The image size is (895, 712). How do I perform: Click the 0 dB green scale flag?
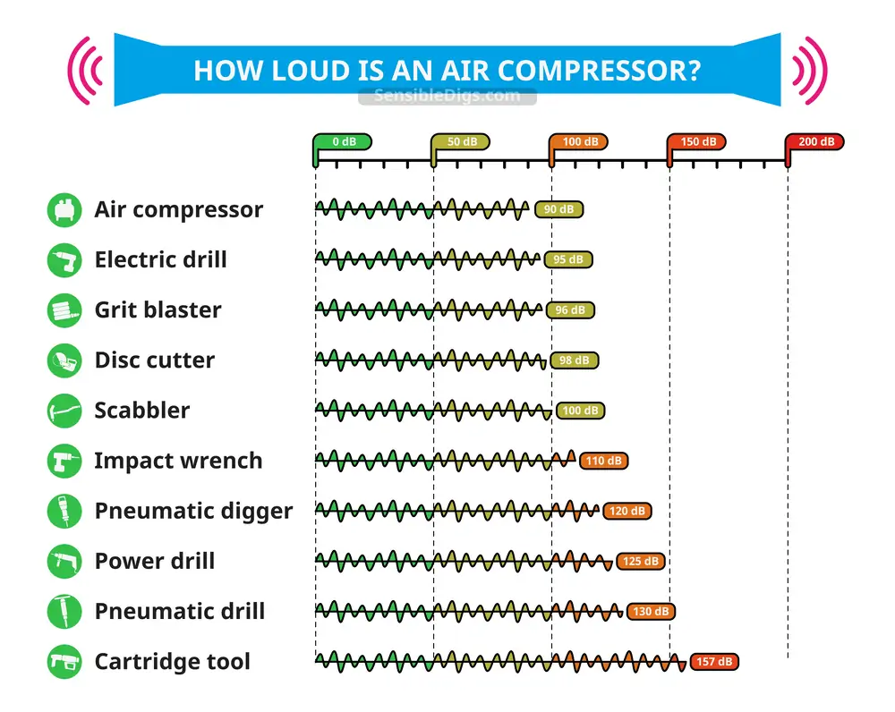343,142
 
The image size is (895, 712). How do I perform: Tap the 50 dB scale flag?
461,142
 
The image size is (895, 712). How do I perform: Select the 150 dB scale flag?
697,142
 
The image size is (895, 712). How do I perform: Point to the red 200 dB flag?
815,142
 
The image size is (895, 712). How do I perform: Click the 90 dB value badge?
558,209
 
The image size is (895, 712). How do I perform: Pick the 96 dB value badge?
570,309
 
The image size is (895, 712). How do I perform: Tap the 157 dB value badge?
714,661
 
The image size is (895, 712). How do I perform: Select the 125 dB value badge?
641,561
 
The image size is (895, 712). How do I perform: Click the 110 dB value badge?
604,461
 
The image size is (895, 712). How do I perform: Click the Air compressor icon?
64,209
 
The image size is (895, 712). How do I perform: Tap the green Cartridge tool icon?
64,661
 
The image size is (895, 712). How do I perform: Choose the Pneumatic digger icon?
64,511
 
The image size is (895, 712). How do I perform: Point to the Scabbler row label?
142,411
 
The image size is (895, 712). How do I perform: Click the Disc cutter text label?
155,360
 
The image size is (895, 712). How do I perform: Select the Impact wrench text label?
178,461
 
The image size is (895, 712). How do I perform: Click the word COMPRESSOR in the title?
599,71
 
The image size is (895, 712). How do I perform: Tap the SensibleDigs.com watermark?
447,96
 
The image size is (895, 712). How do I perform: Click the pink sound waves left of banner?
86,71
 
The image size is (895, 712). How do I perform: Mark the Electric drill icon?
64,259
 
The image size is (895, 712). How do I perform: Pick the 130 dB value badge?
651,611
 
